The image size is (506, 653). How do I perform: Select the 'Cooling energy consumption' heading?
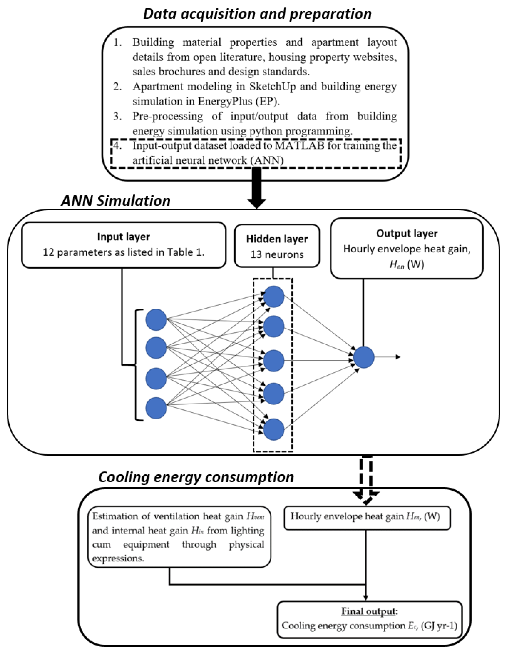click(x=196, y=477)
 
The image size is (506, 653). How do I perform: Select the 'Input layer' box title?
click(x=123, y=237)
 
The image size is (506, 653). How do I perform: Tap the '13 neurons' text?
click(x=277, y=254)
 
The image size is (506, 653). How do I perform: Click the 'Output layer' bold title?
click(x=407, y=233)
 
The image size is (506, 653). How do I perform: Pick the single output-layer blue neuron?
click(x=363, y=357)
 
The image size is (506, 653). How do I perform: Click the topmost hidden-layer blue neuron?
click(x=274, y=297)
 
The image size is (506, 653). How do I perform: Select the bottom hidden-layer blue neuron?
click(x=274, y=430)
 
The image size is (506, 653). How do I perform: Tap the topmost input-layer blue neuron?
click(x=156, y=320)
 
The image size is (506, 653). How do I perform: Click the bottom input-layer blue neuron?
click(x=156, y=408)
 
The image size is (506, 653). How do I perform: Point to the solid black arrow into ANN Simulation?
click(x=257, y=188)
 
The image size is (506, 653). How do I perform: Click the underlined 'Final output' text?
click(x=368, y=612)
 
